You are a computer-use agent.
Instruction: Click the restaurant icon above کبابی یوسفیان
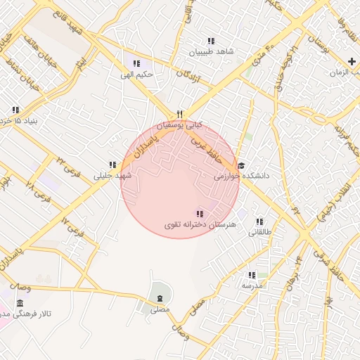[x=180, y=114]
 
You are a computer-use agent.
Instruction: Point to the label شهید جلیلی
[x=113, y=175]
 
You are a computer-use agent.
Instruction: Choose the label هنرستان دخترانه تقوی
[x=202, y=224]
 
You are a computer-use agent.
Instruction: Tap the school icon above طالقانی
[x=259, y=221]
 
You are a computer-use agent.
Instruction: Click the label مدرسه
[x=252, y=285]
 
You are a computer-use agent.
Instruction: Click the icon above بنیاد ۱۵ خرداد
[x=15, y=109]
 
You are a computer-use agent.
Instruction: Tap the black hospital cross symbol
[x=352, y=62]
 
